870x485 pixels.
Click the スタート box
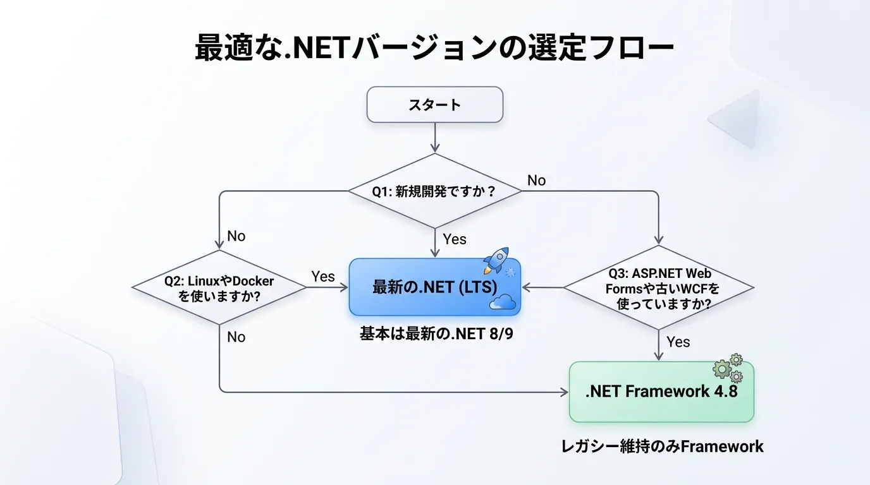coord(434,104)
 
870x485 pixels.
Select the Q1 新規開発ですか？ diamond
coord(434,191)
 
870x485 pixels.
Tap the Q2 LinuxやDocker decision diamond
coord(219,287)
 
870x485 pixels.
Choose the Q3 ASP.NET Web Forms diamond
coord(658,288)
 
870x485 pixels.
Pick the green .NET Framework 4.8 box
coord(661,392)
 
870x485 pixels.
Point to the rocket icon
coord(496,260)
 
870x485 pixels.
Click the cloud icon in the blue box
coord(503,302)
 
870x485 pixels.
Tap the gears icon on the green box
coord(728,368)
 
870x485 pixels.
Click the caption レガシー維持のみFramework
coord(662,446)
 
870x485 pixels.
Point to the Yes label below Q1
coord(455,239)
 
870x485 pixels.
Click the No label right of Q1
coord(536,181)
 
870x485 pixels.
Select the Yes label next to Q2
coord(323,277)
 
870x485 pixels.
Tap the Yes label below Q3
coord(678,342)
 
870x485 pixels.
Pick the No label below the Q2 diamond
coord(236,337)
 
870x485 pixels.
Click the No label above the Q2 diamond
coord(236,236)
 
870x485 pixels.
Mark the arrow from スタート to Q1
coord(434,138)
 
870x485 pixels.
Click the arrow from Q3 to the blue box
coord(542,287)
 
